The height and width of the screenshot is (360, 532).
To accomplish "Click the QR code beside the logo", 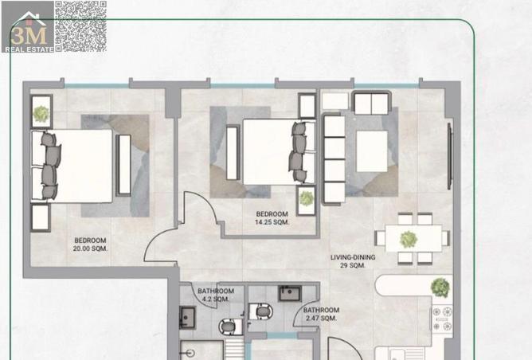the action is pos(81,27).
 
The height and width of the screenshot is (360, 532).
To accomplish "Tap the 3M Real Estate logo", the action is pos(28,27).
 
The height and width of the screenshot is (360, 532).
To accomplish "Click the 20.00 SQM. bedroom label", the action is pos(90,245).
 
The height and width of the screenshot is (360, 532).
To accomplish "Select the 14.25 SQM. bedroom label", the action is pos(272,218).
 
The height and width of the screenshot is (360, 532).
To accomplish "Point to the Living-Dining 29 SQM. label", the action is pos(353,261).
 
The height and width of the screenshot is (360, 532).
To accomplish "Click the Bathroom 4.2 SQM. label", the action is pos(216,295).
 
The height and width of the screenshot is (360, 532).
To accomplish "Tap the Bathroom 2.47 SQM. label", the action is pos(321,314).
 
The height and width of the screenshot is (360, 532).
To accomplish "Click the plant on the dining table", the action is pos(409,239).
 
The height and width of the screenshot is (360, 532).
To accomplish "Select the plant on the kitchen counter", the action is pos(440,288).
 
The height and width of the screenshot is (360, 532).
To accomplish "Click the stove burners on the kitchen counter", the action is pos(442,319).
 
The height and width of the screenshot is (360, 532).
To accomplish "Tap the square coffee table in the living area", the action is pos(372,151).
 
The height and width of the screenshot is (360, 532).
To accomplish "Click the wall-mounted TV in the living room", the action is pos(449,156).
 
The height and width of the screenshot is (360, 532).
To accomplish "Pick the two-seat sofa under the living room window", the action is pos(371,103).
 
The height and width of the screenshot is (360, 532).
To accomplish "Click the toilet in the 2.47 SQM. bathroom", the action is pos(260,311).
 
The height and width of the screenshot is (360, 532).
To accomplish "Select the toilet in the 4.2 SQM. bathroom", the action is pos(230,327).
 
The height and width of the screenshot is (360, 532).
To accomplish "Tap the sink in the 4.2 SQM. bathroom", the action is pos(187,318).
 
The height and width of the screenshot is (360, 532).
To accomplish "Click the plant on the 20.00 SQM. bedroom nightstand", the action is pos(41,114).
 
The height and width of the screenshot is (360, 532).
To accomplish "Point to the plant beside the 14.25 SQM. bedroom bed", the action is pos(306,198).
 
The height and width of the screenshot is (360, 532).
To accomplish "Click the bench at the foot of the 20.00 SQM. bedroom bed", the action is pos(123,165).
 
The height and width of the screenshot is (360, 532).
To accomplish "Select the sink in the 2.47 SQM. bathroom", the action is pos(289,294).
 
